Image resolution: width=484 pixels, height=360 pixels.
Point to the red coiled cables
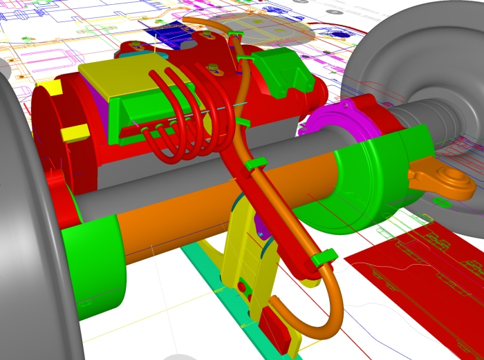click(183, 114)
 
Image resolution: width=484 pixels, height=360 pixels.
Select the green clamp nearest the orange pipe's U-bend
click(324, 258)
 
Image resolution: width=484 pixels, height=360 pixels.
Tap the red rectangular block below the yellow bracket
click(275, 329)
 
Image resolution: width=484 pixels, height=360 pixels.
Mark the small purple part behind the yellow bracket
click(262, 225)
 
